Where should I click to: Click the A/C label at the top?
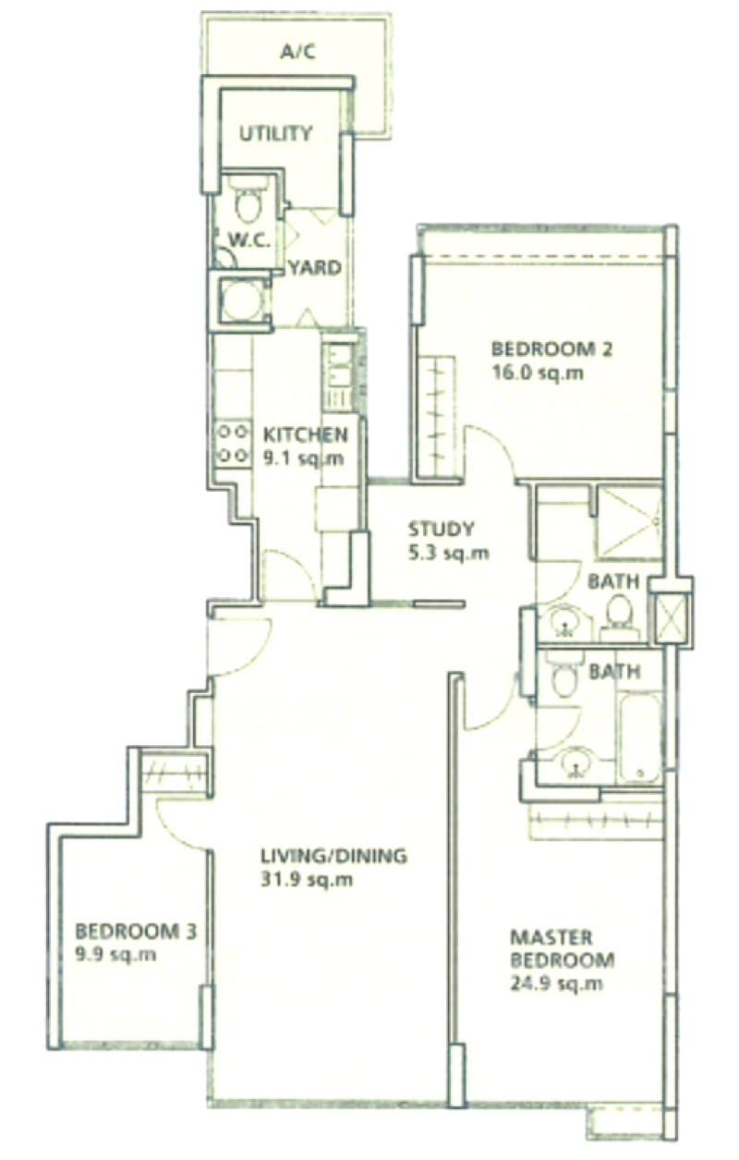tap(297, 52)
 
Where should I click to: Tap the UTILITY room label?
tap(276, 134)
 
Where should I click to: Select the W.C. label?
tap(248, 241)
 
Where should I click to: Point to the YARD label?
tap(315, 268)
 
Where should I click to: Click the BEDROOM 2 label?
tap(551, 349)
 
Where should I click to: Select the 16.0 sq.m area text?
tap(539, 372)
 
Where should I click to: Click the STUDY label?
tap(441, 530)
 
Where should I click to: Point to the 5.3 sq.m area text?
tap(449, 553)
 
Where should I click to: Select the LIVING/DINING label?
tap(334, 856)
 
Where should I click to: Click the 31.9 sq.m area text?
tap(307, 879)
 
